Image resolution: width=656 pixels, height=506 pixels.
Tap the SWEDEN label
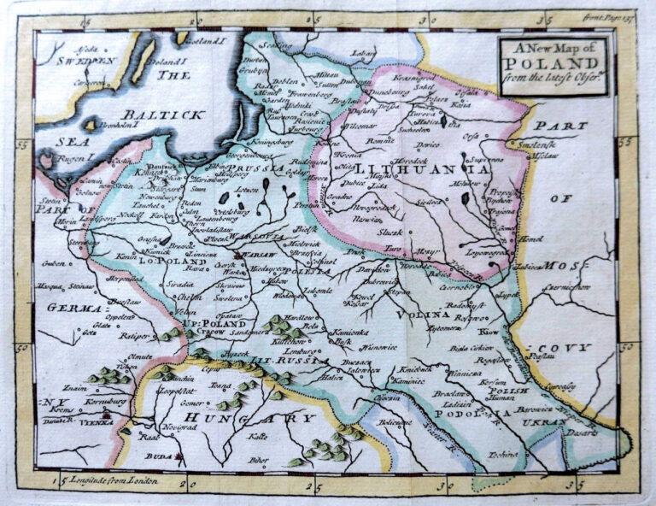[85, 62]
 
